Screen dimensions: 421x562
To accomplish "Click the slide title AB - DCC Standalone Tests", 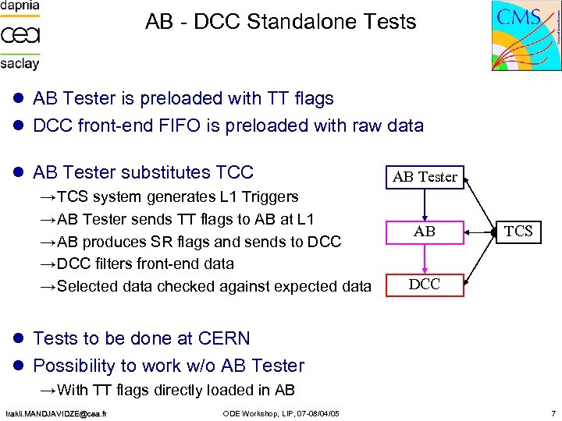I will pos(281,22).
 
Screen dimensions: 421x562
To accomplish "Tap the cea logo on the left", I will pos(20,35).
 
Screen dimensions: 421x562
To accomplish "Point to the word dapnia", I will pos(20,6).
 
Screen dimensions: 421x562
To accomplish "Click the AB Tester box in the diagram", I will pos(425,177).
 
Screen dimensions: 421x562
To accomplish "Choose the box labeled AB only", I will pos(425,232).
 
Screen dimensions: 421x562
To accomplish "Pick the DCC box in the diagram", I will pos(425,285).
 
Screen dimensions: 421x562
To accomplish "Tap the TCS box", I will pos(518,231).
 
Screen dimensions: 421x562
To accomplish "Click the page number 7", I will pos(552,412).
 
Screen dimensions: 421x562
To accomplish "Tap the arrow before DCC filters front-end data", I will pos(48,264).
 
